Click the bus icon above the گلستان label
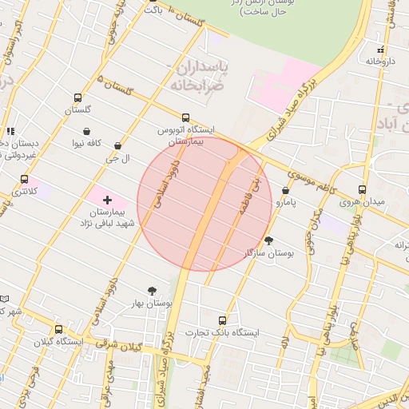tap(77, 97)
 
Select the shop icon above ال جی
tap(118, 146)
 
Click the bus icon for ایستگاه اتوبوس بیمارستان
tap(186, 117)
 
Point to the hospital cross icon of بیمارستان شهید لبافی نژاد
tap(107, 198)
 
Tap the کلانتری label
tap(24, 192)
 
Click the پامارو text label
tap(285, 203)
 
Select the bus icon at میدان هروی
tap(362, 190)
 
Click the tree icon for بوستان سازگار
tap(268, 240)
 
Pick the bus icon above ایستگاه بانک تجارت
tap(222, 320)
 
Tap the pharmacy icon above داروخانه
tap(380, 50)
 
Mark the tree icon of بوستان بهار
tap(152, 292)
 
